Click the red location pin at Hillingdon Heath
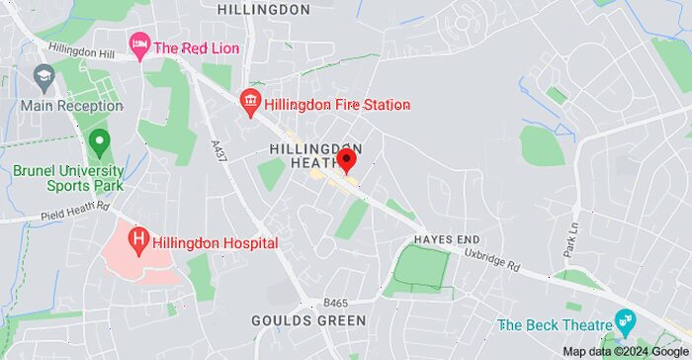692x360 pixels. click(346, 161)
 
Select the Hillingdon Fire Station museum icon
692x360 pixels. click(250, 101)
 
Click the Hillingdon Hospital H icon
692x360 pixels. click(139, 238)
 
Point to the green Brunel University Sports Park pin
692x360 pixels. click(98, 143)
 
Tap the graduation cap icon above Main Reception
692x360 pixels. click(44, 76)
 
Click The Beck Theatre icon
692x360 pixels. click(624, 321)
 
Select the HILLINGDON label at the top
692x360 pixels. click(263, 9)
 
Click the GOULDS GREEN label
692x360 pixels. click(308, 320)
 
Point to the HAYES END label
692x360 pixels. click(447, 239)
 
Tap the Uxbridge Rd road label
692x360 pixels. click(491, 260)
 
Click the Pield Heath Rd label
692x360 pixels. click(74, 213)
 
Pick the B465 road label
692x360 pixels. click(336, 303)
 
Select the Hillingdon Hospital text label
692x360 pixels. click(216, 242)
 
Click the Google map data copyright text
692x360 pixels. click(626, 351)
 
